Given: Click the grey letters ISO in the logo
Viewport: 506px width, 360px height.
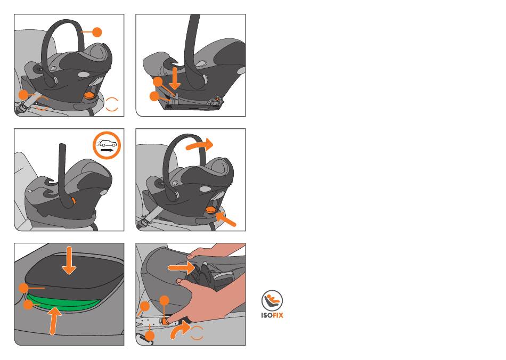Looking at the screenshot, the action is pyautogui.click(x=266, y=315).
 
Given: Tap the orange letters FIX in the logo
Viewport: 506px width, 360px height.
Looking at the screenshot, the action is pyautogui.click(x=278, y=315).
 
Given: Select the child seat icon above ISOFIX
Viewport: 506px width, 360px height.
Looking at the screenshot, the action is pyautogui.click(x=272, y=300).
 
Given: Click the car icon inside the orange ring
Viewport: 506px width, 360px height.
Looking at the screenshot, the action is pyautogui.click(x=108, y=143).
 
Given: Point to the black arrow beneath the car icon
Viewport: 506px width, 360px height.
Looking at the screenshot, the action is pyautogui.click(x=107, y=150).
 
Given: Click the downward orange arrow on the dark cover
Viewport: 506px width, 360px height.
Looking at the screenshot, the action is pyautogui.click(x=69, y=260).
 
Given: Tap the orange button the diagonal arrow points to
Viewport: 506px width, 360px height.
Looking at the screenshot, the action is pyautogui.click(x=211, y=210).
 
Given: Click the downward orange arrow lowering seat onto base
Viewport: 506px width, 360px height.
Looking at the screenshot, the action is pyautogui.click(x=175, y=78).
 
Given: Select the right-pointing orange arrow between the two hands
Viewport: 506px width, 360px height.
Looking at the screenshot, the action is pyautogui.click(x=181, y=267).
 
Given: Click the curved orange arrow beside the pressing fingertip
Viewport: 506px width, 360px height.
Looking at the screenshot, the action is pyautogui.click(x=179, y=329).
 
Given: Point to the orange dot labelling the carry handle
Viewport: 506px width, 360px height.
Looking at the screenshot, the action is pyautogui.click(x=97, y=32).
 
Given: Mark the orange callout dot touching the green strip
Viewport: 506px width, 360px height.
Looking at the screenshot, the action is pyautogui.click(x=28, y=304).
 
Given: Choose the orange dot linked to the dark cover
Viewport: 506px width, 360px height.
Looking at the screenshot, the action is pyautogui.click(x=24, y=288).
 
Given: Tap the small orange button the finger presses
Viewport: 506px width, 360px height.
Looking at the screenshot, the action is pyautogui.click(x=164, y=321).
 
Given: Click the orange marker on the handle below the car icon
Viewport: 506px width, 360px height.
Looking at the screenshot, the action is pyautogui.click(x=74, y=200).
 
